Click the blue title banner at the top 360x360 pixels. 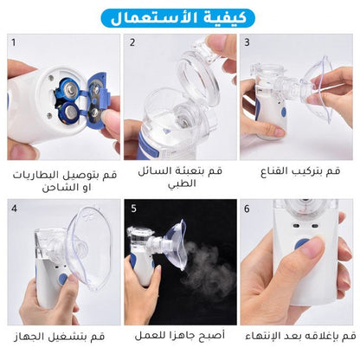(180, 16)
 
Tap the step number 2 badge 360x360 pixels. (132, 42)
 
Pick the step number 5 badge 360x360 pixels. (132, 208)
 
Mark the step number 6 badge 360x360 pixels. (247, 208)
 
